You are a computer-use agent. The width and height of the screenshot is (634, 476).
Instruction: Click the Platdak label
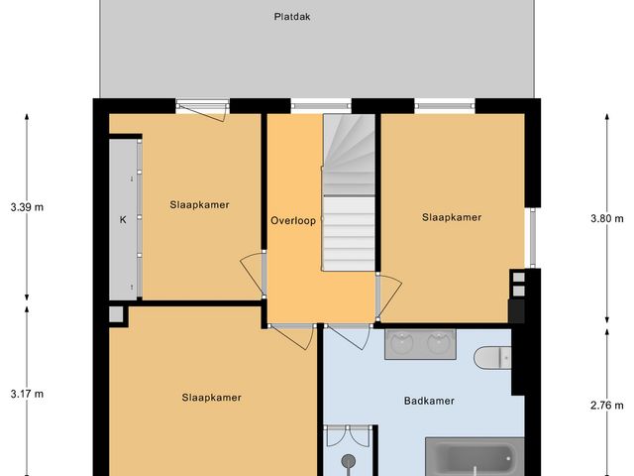285,16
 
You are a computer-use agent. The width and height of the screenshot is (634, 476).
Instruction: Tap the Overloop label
293,220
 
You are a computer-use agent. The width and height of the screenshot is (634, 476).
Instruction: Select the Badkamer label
429,402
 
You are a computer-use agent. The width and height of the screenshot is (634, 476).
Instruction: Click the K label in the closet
124,219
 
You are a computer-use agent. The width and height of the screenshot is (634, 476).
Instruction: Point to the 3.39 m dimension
27,207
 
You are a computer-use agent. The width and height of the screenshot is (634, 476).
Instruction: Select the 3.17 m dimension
27,394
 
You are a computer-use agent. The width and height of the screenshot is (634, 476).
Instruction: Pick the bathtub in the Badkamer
475,458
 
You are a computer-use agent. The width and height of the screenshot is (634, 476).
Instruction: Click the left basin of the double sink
403,343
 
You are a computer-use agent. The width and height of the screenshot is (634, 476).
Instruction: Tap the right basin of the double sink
438,343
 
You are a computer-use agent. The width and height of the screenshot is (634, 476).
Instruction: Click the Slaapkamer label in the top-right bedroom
452,217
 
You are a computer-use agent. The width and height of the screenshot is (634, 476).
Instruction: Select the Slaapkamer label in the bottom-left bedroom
211,398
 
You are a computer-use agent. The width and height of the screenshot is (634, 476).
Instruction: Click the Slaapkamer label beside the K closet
199,205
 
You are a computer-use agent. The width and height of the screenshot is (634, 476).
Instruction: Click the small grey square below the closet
117,315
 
